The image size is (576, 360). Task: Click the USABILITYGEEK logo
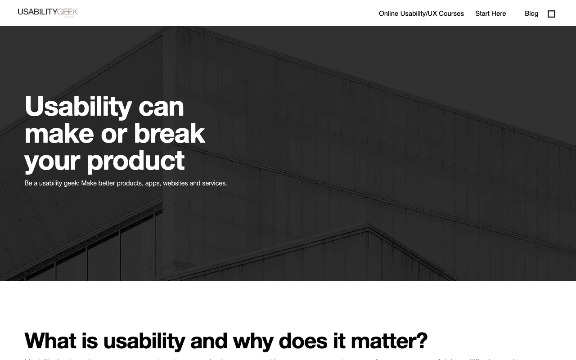point(48,12)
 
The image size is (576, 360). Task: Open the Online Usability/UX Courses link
point(421,13)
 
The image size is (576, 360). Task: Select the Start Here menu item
point(490,13)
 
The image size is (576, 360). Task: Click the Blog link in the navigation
point(531,13)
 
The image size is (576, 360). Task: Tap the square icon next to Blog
point(551,14)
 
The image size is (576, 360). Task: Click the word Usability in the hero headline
point(78,107)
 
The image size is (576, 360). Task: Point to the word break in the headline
point(169,134)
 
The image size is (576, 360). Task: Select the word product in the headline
point(135,161)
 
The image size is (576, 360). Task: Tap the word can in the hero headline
point(161,107)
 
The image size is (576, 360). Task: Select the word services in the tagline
point(214,183)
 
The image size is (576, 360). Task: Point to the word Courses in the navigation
point(451,13)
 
